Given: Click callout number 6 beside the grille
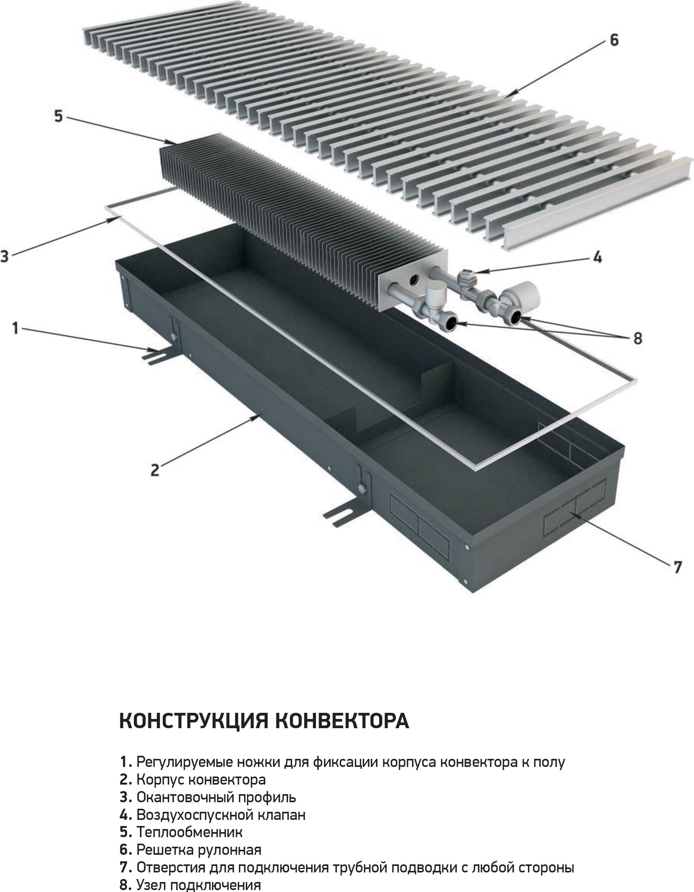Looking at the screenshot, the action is (614, 40).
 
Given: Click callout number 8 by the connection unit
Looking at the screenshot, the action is (637, 338).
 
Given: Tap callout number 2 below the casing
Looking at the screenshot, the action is (155, 470).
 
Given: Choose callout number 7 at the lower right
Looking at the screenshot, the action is (677, 567).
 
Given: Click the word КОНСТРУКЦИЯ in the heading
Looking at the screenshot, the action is (194, 721).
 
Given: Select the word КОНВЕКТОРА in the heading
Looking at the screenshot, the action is (342, 721).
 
